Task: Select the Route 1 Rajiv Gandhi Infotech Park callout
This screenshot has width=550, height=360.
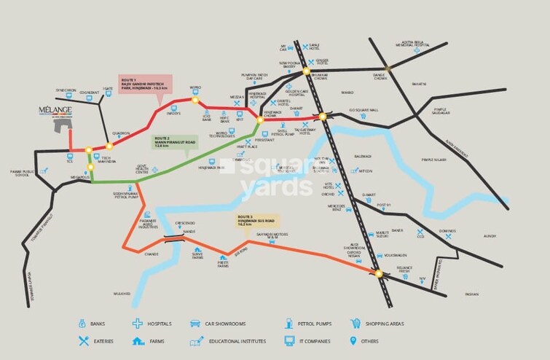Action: point(145,83)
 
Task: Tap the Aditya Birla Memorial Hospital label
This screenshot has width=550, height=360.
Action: point(408,44)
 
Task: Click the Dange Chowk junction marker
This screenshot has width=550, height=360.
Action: point(388,69)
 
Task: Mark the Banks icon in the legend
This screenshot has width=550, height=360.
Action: point(82,323)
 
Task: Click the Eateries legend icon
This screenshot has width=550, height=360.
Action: point(82,340)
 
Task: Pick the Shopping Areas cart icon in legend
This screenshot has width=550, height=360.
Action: point(356,323)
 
